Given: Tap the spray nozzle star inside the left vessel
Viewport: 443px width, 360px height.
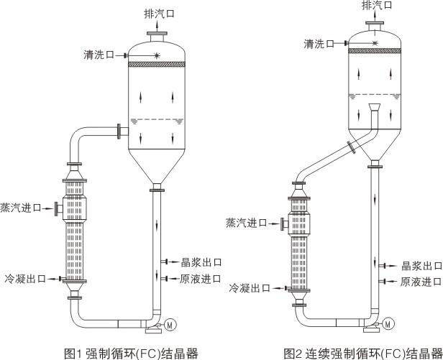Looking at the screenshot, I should click(156, 55).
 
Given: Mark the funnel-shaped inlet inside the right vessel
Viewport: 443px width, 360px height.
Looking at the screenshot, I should click(372, 111).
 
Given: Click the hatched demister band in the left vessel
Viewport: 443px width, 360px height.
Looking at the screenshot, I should click(156, 65).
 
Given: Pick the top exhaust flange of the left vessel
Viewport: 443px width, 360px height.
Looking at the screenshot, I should click(156, 33).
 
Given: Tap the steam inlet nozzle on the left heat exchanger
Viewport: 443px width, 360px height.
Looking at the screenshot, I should click(56, 208).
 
